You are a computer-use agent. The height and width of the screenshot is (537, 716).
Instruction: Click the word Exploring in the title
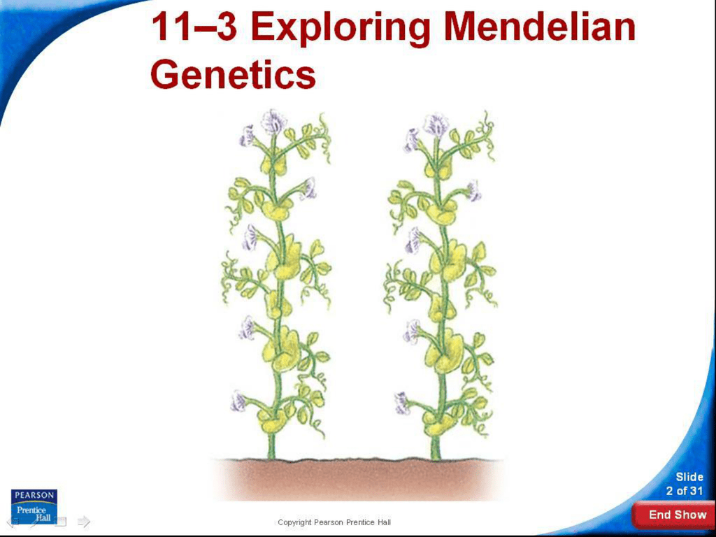pos(341,28)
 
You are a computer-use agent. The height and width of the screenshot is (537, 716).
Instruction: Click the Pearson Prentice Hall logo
pos(34,506)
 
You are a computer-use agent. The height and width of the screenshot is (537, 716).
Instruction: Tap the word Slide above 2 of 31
pos(689,477)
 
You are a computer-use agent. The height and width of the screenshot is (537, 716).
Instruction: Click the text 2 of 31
pos(684,491)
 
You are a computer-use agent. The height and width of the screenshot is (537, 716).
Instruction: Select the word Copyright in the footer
pos(294,522)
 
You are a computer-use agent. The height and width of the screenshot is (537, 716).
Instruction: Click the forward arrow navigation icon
pos(84,521)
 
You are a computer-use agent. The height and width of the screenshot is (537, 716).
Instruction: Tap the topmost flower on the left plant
pos(273,120)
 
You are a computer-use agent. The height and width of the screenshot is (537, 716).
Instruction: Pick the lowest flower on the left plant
pos(238,401)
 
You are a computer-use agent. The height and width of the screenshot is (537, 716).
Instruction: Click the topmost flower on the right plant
pos(436,124)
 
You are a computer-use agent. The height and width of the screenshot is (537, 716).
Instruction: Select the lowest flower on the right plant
pos(402,403)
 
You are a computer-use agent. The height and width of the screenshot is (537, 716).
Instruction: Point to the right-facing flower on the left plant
pos(309,188)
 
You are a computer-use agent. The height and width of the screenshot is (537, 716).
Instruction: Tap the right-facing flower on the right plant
pos(473,191)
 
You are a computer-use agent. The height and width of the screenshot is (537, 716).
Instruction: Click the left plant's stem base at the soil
pos(271,457)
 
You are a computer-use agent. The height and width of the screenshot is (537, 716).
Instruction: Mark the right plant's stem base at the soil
pos(436,457)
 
